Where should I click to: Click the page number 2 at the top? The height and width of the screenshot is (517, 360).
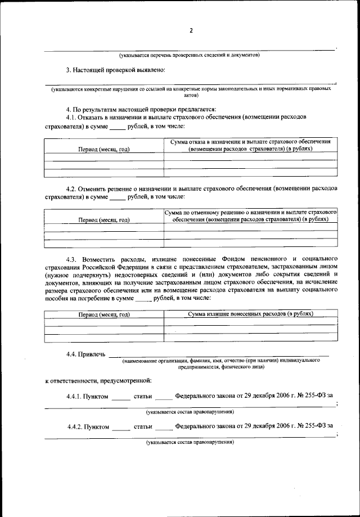click(x=191, y=30)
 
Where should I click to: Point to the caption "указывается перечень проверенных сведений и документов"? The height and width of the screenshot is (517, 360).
click(x=189, y=56)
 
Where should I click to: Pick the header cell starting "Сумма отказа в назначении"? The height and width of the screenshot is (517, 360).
click(x=250, y=145)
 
